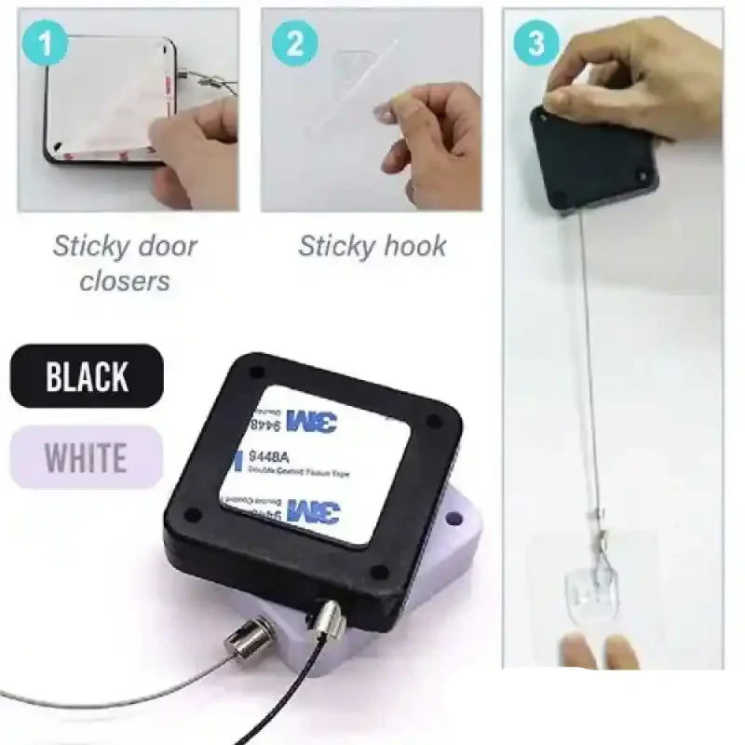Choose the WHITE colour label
tap(86, 457)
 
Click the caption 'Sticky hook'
tap(372, 246)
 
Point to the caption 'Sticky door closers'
tap(125, 263)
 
